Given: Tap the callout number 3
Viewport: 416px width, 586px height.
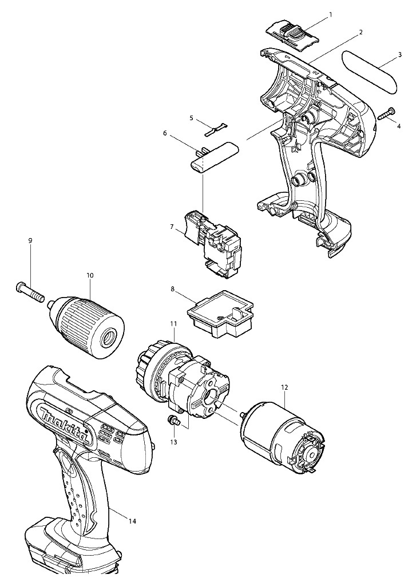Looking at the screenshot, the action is point(400,54).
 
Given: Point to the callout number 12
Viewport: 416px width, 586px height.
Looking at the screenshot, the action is point(284,387).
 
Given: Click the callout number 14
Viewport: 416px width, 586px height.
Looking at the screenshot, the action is point(133,521).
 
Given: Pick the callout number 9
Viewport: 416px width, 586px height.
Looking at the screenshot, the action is point(30,240).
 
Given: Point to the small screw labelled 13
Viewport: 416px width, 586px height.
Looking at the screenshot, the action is point(173,420).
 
